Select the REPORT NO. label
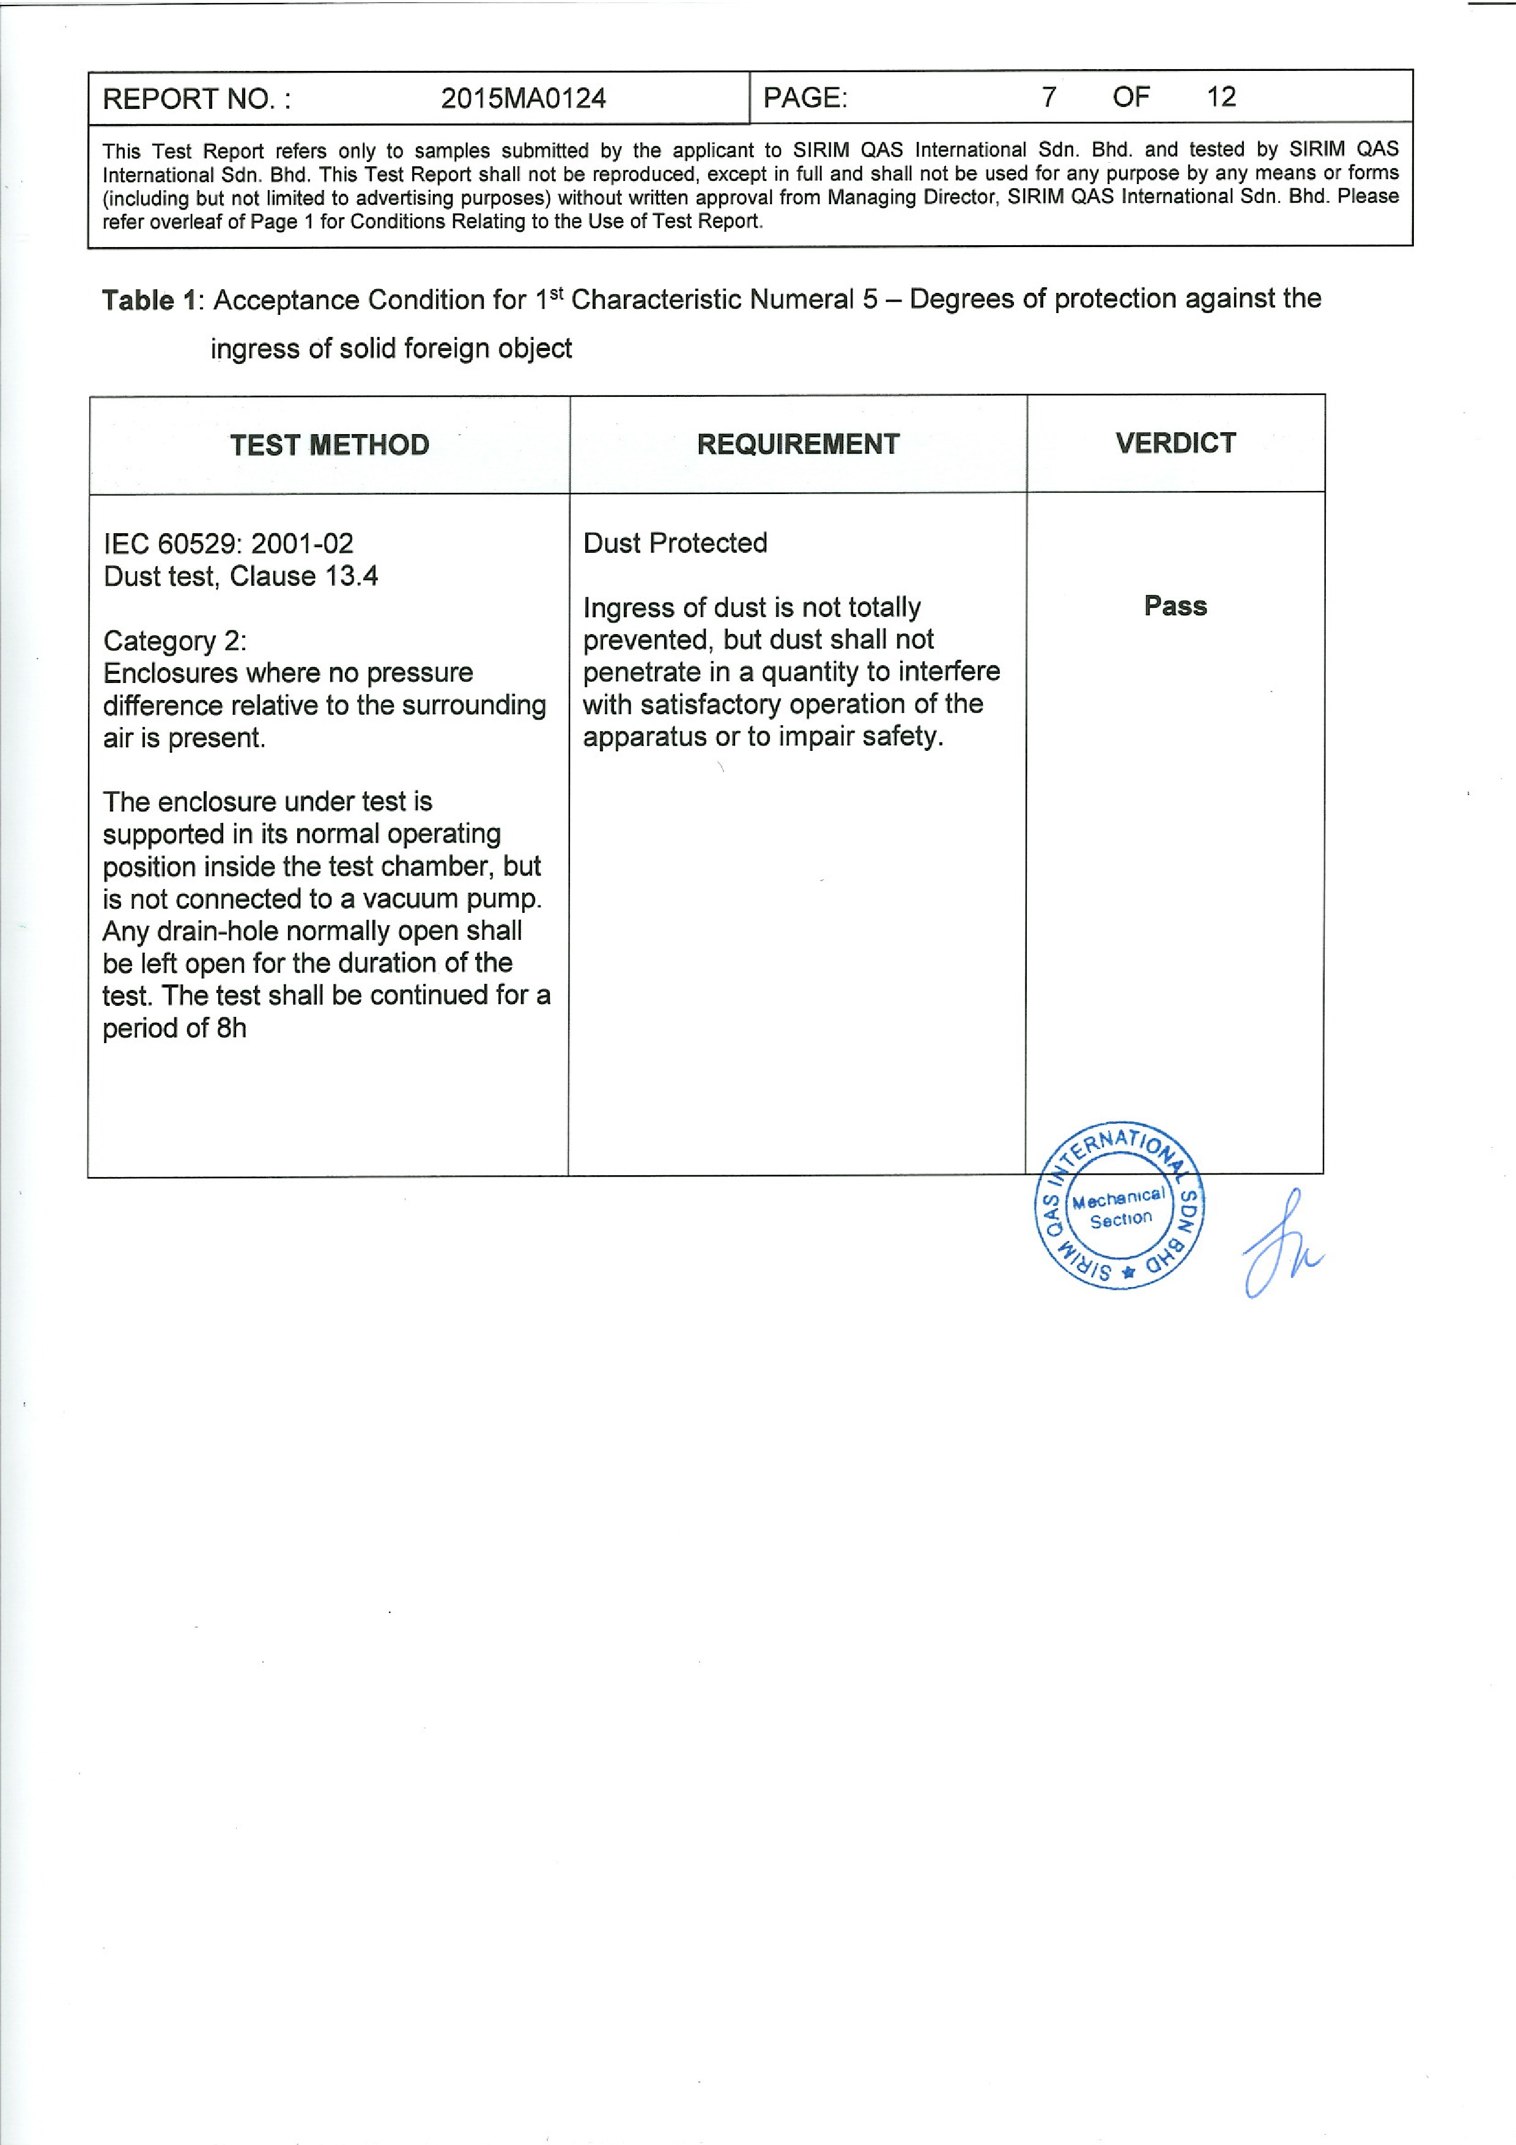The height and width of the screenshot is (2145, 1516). (x=196, y=99)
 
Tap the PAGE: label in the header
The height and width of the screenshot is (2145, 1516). (x=805, y=97)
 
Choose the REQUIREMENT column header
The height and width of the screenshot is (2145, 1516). (x=797, y=444)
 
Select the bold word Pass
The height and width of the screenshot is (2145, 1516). (x=1175, y=607)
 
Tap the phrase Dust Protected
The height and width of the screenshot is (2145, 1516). (x=675, y=543)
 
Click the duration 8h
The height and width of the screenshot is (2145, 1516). (x=232, y=1028)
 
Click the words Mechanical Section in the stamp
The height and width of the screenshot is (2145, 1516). (x=1119, y=1208)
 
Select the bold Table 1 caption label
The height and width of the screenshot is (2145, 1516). (x=149, y=301)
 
